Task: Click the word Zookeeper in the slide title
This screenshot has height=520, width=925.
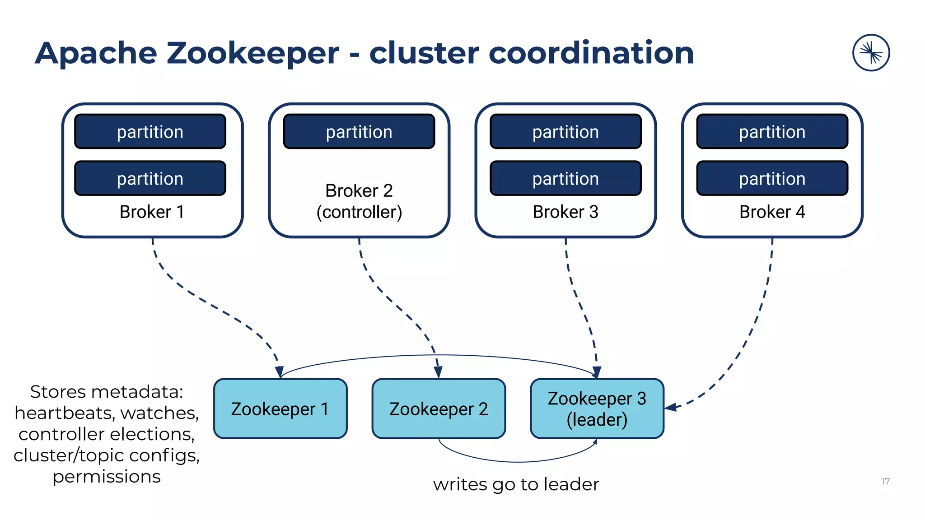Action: pyautogui.click(x=252, y=53)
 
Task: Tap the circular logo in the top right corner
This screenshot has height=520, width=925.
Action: pyautogui.click(x=871, y=53)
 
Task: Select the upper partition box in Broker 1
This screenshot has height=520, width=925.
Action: pyautogui.click(x=150, y=131)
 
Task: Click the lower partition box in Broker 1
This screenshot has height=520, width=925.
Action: pyautogui.click(x=150, y=178)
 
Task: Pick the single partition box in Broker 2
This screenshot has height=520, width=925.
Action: pyautogui.click(x=359, y=131)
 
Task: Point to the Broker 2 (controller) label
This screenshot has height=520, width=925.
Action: pyautogui.click(x=359, y=201)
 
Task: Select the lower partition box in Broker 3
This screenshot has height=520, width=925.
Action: pyautogui.click(x=565, y=178)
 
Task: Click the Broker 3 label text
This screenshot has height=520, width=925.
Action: pyautogui.click(x=565, y=212)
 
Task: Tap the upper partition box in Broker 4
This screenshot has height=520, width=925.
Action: pyautogui.click(x=772, y=131)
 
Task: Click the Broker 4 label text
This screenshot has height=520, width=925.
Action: pyautogui.click(x=772, y=212)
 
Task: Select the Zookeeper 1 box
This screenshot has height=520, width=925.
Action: pyautogui.click(x=280, y=409)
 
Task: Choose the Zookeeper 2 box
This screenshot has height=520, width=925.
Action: pyautogui.click(x=439, y=409)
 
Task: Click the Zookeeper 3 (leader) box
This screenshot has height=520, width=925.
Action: pyautogui.click(x=597, y=409)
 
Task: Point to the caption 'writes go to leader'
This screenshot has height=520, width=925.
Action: pyautogui.click(x=516, y=484)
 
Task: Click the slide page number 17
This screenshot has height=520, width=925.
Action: pyautogui.click(x=885, y=482)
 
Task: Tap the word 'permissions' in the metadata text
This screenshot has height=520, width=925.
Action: pyautogui.click(x=107, y=477)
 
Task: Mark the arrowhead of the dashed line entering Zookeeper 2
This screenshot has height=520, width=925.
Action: pyautogui.click(x=438, y=373)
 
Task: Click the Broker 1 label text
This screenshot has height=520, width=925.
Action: pyautogui.click(x=152, y=212)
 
